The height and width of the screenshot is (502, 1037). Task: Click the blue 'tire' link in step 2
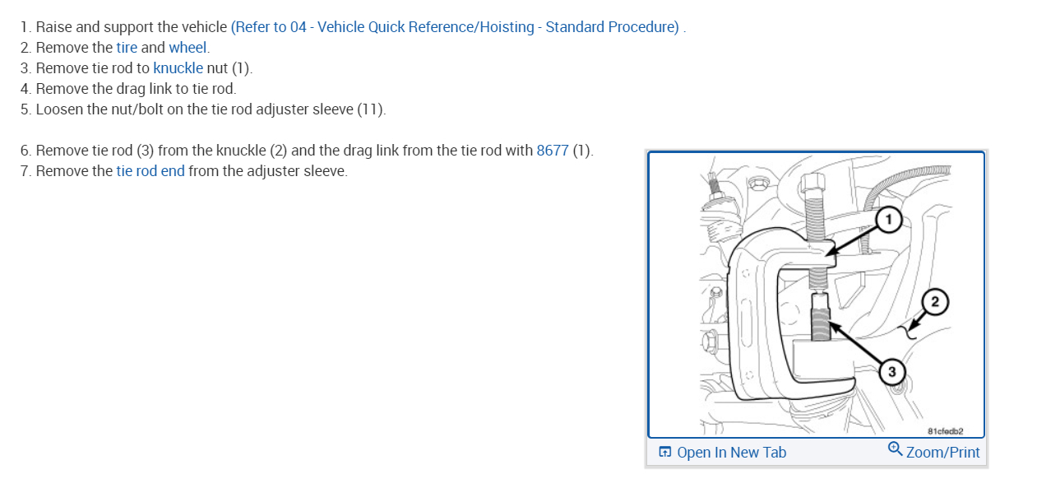(x=127, y=48)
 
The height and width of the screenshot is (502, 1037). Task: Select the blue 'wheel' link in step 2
(x=187, y=48)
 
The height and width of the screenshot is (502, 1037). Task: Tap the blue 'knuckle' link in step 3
(x=178, y=68)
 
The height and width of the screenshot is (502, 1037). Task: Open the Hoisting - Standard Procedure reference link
(x=456, y=27)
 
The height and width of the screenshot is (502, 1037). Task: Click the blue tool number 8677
(x=553, y=151)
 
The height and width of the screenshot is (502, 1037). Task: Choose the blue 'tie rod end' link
(x=150, y=171)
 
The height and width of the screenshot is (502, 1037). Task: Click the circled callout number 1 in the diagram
(x=889, y=220)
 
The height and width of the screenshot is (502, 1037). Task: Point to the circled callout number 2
(x=934, y=302)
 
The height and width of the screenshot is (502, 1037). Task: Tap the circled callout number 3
(x=892, y=372)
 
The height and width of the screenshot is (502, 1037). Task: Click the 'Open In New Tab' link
(x=731, y=453)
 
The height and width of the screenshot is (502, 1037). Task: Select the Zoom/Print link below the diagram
(x=942, y=453)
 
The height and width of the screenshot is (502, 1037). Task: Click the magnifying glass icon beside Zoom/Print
(x=896, y=449)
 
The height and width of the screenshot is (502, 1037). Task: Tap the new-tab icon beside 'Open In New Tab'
(x=665, y=453)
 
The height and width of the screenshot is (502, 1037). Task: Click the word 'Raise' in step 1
(x=54, y=27)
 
